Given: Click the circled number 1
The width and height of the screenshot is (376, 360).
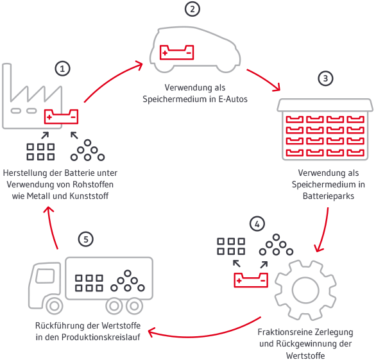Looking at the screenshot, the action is [63, 69].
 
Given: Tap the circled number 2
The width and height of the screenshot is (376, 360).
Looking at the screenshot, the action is [192, 9].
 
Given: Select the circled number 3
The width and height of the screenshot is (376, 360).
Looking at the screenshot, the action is [325, 78].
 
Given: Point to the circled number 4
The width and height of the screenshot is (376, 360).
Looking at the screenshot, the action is [257, 224].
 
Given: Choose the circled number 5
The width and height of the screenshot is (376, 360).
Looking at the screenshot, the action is [86, 239].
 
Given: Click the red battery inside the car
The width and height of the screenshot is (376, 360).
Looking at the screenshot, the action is [176, 52].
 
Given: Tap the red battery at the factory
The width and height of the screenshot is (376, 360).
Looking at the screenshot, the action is [61, 117].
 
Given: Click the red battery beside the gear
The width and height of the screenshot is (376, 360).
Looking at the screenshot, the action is [251, 280].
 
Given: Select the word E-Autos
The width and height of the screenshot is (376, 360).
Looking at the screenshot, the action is [233, 99].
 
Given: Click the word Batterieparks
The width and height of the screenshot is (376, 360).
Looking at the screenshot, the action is [329, 196].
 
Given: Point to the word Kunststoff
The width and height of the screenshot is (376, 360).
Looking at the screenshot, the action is [89, 196].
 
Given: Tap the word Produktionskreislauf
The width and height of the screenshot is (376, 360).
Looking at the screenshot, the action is [101, 337].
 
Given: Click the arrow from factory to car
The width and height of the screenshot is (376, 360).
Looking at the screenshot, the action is [110, 78].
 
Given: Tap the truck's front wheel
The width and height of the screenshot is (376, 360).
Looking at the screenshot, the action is [55, 306].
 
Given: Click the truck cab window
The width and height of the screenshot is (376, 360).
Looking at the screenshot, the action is [45, 276].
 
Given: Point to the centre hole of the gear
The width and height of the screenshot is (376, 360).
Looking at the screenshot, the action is [305, 290].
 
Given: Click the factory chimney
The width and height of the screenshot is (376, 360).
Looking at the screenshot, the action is [6, 81].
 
